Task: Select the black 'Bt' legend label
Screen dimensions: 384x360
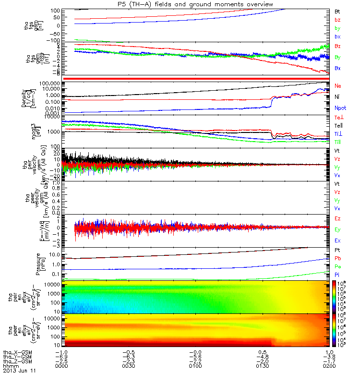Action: (x=337, y=11)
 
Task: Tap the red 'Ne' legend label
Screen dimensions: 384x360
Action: (x=337, y=86)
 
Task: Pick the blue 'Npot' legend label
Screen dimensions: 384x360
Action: (x=340, y=108)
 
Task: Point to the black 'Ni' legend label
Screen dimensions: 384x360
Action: (x=337, y=97)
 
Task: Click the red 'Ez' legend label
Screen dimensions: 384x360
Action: (x=337, y=219)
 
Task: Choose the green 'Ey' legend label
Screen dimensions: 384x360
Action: (x=337, y=230)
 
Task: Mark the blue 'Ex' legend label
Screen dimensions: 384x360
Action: (x=337, y=240)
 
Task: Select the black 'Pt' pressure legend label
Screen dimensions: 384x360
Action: (x=337, y=251)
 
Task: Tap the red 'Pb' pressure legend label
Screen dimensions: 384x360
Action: (x=337, y=258)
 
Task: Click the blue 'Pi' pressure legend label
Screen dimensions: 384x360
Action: (x=337, y=274)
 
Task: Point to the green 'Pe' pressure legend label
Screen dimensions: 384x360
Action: (x=337, y=266)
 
